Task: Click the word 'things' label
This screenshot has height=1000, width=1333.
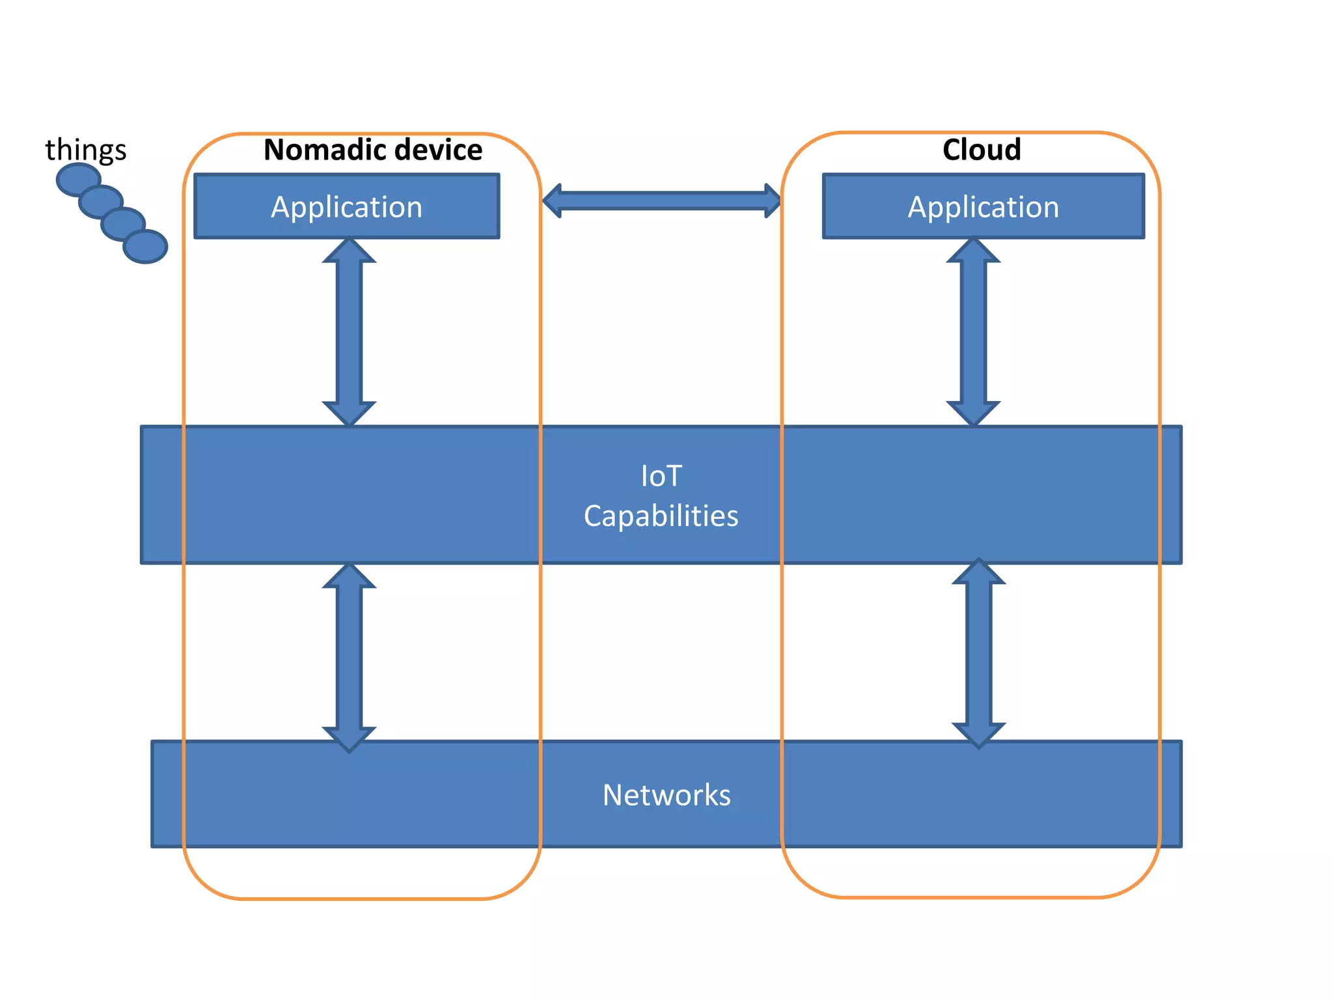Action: pos(85,150)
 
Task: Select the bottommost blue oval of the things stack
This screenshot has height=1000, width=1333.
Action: pos(146,247)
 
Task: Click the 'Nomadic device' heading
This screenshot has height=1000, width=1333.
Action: pos(372,150)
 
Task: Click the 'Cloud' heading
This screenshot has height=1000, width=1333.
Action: pos(982,150)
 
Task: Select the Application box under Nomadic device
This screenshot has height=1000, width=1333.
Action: pos(346,206)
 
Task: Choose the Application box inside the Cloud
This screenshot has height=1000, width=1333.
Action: pos(983,206)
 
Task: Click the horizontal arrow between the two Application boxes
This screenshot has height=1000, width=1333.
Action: pos(661,201)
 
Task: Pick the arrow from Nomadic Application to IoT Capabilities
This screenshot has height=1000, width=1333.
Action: pos(349,332)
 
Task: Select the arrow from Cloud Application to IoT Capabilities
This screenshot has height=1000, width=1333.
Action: pos(973,332)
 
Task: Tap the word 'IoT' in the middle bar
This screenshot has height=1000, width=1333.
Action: pos(661,476)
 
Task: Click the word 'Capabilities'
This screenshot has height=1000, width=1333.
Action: pos(661,516)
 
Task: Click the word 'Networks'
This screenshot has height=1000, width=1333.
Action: pos(666,795)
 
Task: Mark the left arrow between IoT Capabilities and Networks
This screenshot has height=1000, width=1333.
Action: pos(349,658)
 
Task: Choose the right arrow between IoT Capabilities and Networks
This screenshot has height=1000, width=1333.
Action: pos(978,653)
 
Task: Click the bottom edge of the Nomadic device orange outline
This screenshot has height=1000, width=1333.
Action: pos(362,899)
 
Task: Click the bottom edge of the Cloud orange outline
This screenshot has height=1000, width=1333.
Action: pos(970,897)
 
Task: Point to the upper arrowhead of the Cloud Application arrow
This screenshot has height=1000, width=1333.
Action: pos(973,251)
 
